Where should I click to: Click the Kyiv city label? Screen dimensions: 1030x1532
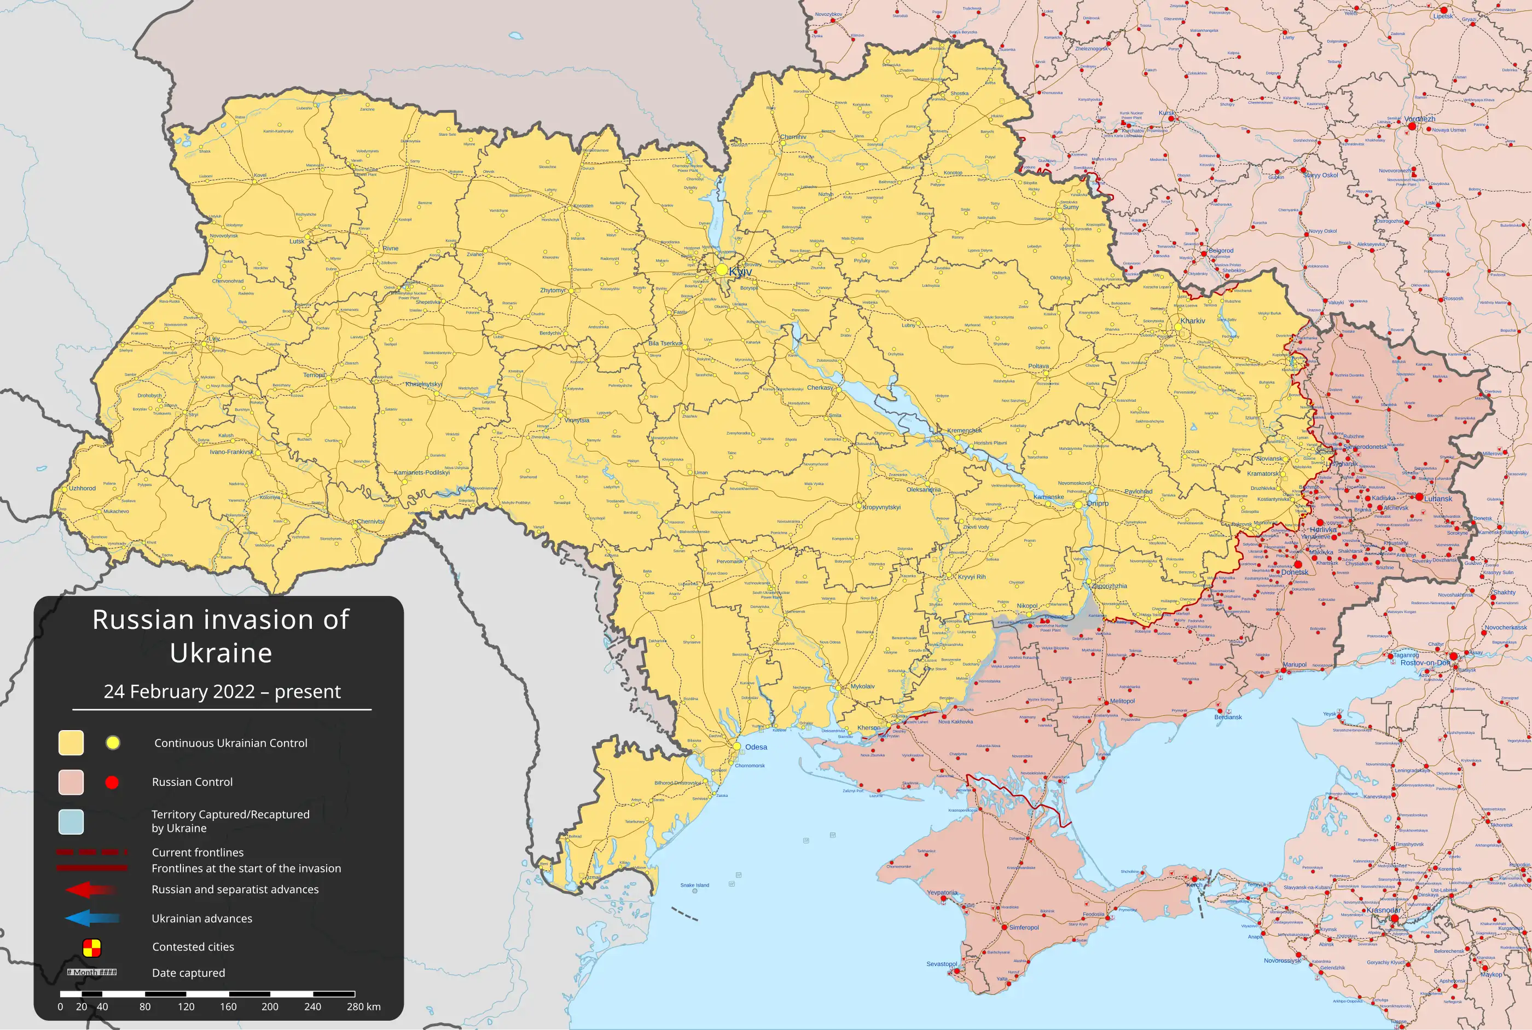[x=741, y=271]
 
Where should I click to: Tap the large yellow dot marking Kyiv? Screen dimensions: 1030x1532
[x=722, y=269]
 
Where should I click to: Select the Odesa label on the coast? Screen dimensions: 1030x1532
[x=756, y=747]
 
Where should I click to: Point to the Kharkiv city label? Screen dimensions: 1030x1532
[x=1193, y=321]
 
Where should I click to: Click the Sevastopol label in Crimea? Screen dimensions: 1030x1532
[x=941, y=964]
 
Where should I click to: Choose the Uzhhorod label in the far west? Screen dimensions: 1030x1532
[x=83, y=488]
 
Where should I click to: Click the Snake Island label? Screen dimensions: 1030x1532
[x=694, y=885]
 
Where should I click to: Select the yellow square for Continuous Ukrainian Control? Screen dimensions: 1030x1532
[x=71, y=742]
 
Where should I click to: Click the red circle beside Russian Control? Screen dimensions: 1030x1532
[x=112, y=782]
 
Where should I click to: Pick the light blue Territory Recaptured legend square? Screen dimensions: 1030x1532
[x=71, y=821]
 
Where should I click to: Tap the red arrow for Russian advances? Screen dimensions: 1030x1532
[x=92, y=889]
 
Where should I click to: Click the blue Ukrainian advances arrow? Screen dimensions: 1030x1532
[x=92, y=918]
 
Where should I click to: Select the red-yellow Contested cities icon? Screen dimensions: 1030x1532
[x=92, y=947]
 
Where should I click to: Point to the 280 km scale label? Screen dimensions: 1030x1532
[x=363, y=1006]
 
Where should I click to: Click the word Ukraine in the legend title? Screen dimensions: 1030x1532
[x=220, y=653]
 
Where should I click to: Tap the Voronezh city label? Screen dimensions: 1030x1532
[x=1420, y=119]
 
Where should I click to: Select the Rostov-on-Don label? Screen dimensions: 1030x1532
[x=1425, y=663]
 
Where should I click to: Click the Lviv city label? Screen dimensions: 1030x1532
[x=214, y=339]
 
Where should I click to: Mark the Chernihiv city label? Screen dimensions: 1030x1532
[x=793, y=137]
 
